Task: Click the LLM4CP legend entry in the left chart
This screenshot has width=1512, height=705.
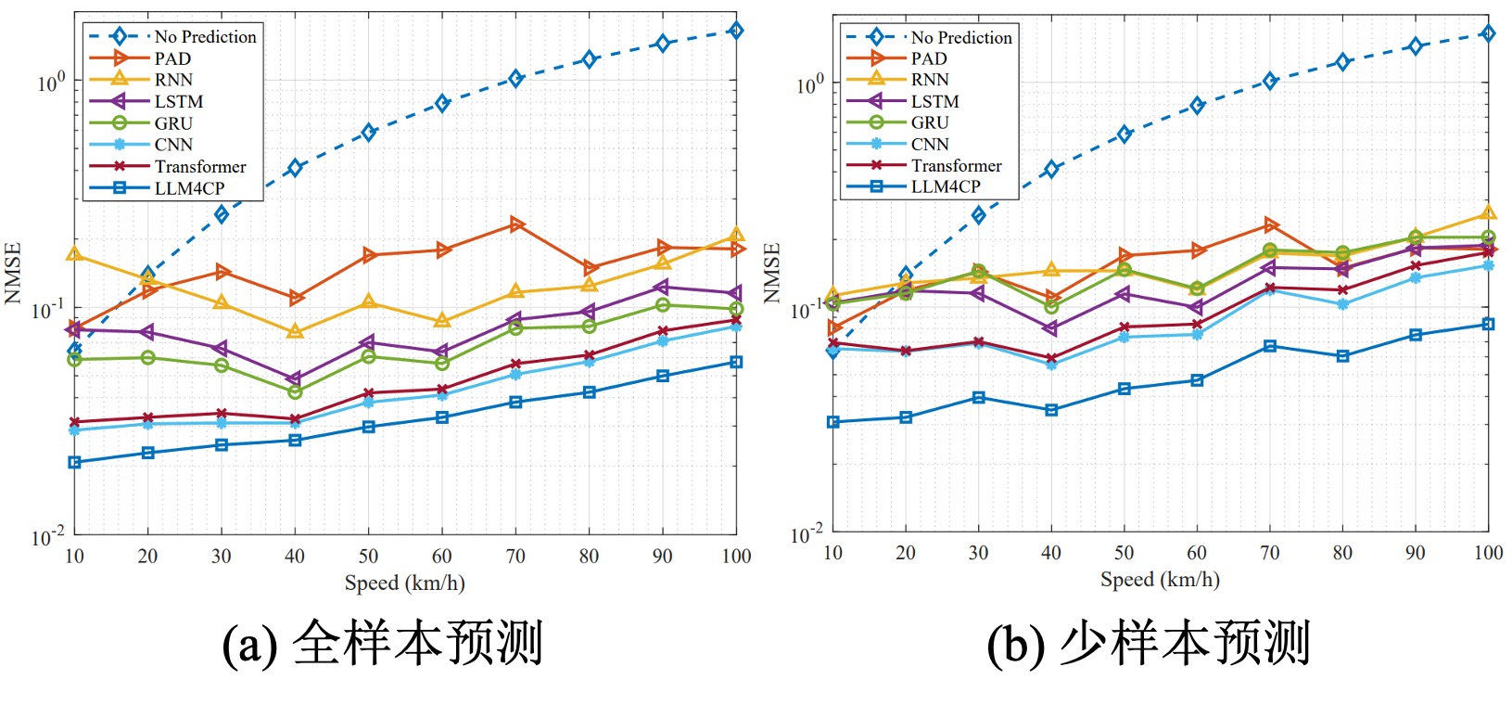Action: pos(189,188)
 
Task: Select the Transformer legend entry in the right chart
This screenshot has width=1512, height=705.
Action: pos(956,165)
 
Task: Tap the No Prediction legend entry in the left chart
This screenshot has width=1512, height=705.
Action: pos(205,37)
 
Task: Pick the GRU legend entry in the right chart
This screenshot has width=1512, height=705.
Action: pos(929,122)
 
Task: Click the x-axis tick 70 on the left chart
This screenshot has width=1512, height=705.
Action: pos(515,556)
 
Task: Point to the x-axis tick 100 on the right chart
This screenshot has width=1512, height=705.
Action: pos(1487,553)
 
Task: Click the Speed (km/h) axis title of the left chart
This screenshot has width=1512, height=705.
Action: pos(404,583)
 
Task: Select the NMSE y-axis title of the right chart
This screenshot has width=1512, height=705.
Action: pos(771,273)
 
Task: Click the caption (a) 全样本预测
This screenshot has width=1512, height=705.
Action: pos(382,643)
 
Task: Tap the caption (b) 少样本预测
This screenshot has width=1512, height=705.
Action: pos(1148,643)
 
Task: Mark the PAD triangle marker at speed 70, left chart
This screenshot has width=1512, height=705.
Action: pos(516,224)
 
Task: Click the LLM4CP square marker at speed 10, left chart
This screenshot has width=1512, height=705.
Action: pos(75,462)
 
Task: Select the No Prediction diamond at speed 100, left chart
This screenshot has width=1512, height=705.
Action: pos(735,31)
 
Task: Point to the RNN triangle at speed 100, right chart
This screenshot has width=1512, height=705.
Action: pos(1488,213)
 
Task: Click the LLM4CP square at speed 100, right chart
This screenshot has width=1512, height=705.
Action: pos(1488,324)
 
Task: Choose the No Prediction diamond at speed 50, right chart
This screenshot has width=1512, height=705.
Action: pos(1124,135)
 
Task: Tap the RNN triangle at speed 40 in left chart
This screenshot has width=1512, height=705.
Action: pos(295,331)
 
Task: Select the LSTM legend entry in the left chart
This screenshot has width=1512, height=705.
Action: pos(178,101)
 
